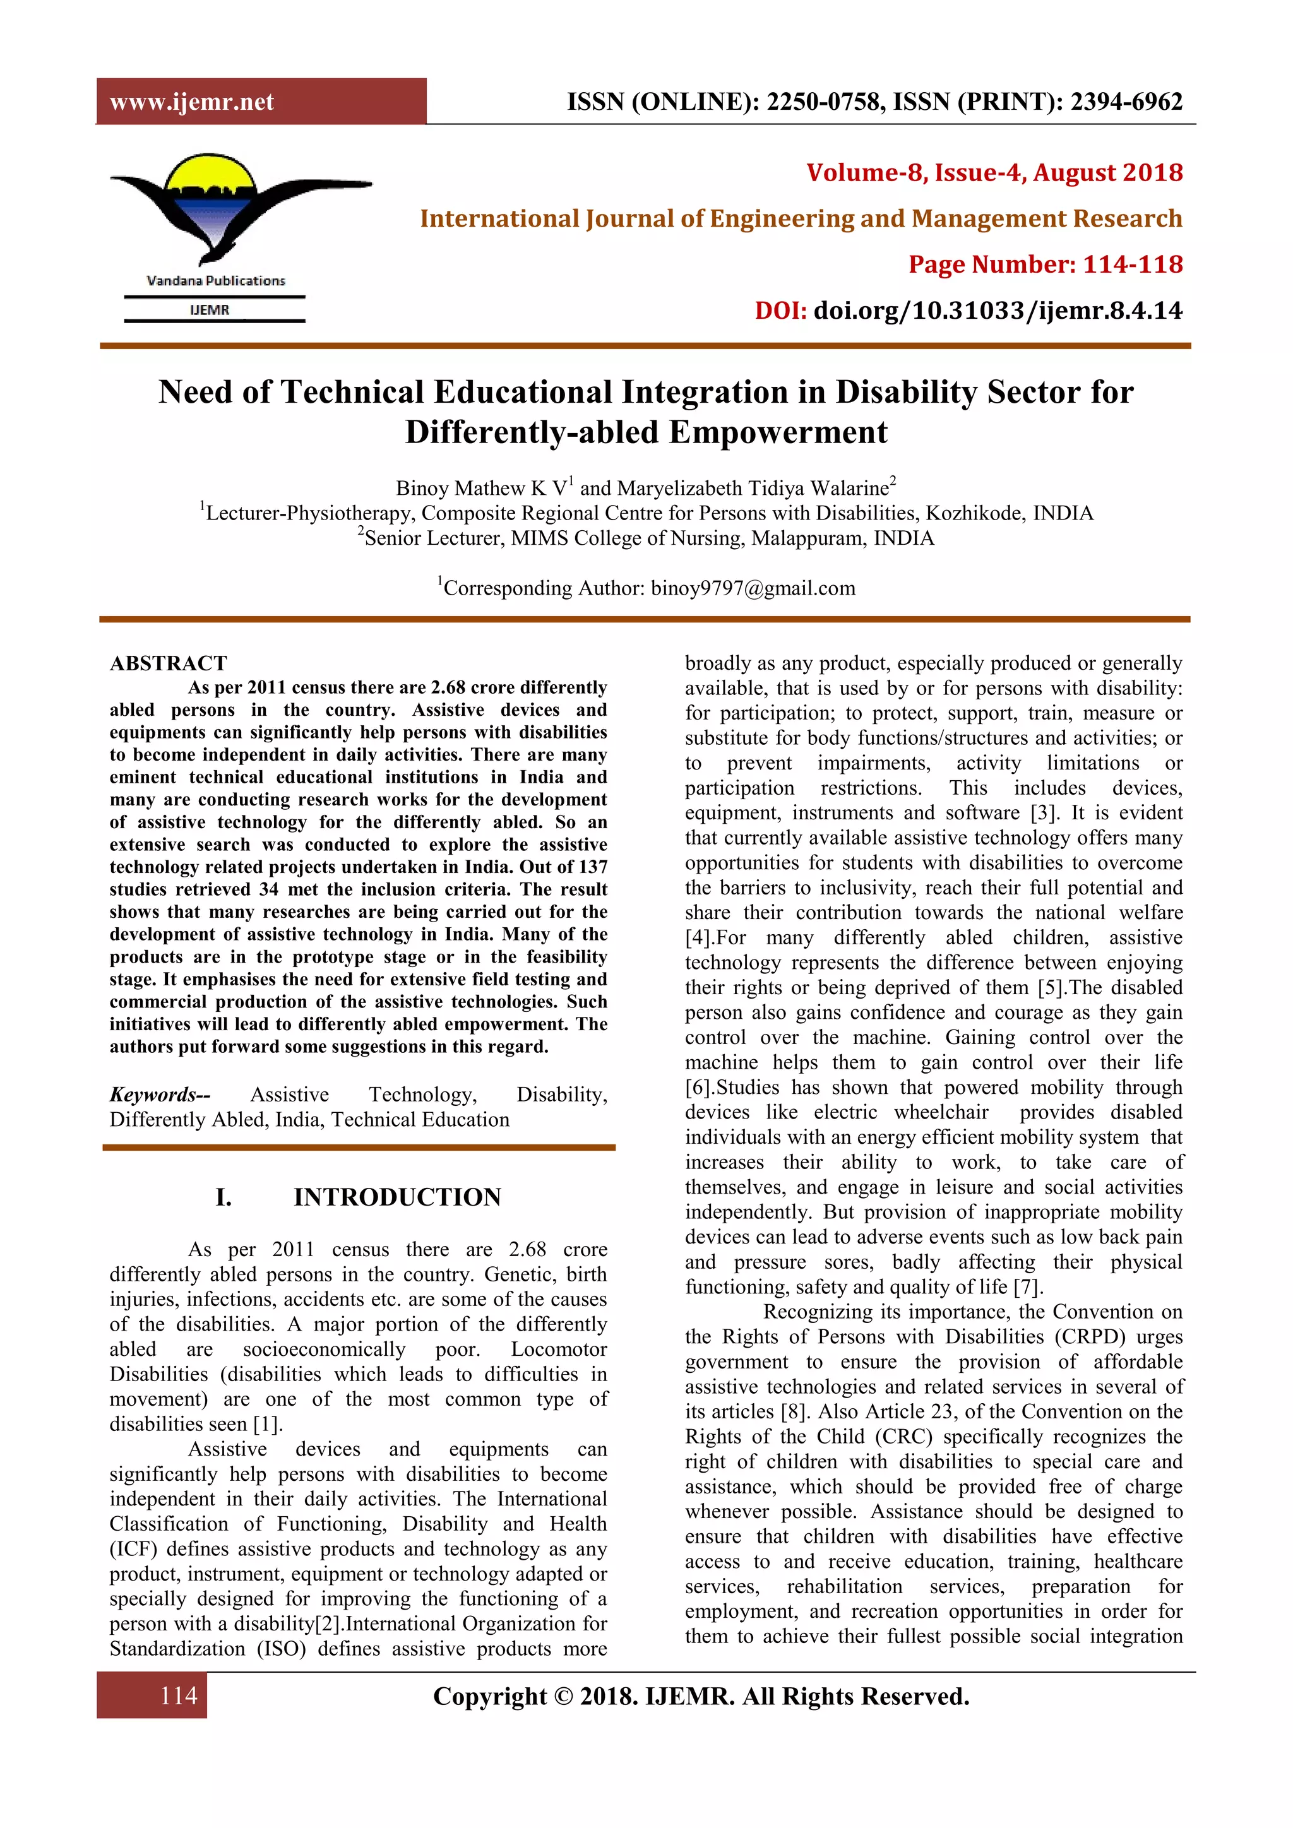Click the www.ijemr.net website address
192,102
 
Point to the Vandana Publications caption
216,280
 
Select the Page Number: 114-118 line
1046,264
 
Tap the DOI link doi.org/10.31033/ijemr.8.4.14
998,311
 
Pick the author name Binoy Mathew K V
482,488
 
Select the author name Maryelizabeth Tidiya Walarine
753,488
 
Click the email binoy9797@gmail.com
753,588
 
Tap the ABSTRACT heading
168,663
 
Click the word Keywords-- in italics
160,1095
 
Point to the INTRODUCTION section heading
397,1197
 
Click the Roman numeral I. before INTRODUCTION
223,1197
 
